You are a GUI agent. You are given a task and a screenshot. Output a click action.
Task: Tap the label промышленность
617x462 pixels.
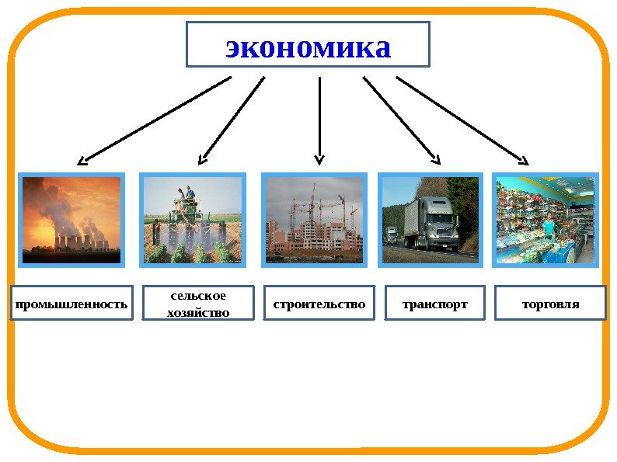(x=71, y=304)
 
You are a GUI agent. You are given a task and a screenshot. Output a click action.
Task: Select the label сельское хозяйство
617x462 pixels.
(x=198, y=304)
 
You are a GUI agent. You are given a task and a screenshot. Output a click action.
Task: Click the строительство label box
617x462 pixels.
(x=319, y=304)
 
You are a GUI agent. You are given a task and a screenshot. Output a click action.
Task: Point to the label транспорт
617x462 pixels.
(x=434, y=304)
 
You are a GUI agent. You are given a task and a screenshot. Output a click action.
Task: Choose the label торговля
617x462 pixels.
(x=550, y=304)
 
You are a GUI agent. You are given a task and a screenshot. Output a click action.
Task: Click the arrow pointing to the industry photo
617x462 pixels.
(x=155, y=120)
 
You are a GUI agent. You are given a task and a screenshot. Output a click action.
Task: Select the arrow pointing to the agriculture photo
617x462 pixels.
(x=232, y=120)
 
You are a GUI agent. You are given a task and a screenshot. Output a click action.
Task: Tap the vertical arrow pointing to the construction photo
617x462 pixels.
(x=319, y=120)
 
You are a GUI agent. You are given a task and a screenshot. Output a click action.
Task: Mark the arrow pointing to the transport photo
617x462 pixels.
(x=401, y=120)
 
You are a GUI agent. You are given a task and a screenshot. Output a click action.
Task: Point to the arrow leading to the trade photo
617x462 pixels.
(x=462, y=120)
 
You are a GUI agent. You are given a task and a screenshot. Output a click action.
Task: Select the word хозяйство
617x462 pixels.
(x=198, y=312)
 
